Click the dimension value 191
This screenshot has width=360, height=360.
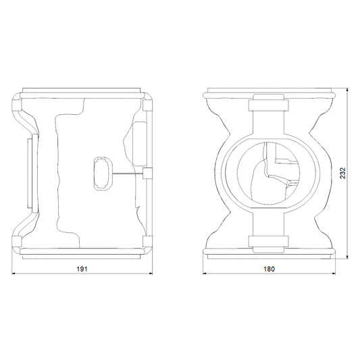(82, 269)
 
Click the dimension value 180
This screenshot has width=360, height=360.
(269, 269)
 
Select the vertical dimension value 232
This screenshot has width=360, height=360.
(342, 173)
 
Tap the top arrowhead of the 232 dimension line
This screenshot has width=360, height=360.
(347, 90)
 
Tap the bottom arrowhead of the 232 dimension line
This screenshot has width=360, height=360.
(347, 257)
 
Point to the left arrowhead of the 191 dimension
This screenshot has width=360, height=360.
(14, 274)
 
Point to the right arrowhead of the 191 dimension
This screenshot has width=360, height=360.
(151, 274)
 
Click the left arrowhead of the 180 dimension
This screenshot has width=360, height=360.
(205, 274)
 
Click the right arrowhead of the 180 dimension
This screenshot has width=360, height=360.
(334, 274)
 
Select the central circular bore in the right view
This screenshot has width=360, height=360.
(268, 174)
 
